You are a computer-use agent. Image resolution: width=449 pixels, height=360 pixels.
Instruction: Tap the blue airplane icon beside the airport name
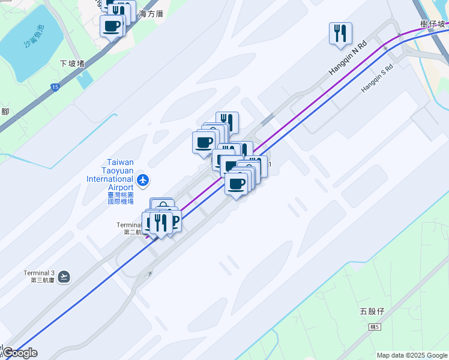point(143,179)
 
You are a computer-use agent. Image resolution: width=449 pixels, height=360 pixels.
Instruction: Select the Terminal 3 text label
point(39,273)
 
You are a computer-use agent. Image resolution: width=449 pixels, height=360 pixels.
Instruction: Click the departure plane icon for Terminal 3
point(64,277)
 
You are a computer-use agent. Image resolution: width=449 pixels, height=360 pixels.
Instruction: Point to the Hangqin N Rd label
point(347,59)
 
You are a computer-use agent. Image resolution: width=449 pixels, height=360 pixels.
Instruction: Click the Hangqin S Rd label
point(376,79)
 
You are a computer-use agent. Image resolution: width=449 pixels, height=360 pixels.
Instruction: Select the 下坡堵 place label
point(72,64)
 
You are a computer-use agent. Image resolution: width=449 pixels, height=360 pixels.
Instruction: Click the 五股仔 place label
point(372,311)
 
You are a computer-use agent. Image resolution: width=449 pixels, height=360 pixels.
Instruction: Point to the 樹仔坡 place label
point(433,25)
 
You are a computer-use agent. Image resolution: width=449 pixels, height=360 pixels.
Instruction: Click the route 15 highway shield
point(55,88)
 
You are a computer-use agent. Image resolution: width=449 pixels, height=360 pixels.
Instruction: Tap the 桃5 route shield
point(375,327)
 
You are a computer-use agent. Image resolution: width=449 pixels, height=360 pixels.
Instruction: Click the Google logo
point(20,353)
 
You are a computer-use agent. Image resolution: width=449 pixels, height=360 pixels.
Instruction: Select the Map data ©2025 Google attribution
point(411,355)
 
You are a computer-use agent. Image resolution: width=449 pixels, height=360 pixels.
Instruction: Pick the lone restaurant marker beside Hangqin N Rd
point(340,34)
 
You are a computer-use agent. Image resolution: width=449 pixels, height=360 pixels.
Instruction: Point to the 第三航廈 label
point(39,280)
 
